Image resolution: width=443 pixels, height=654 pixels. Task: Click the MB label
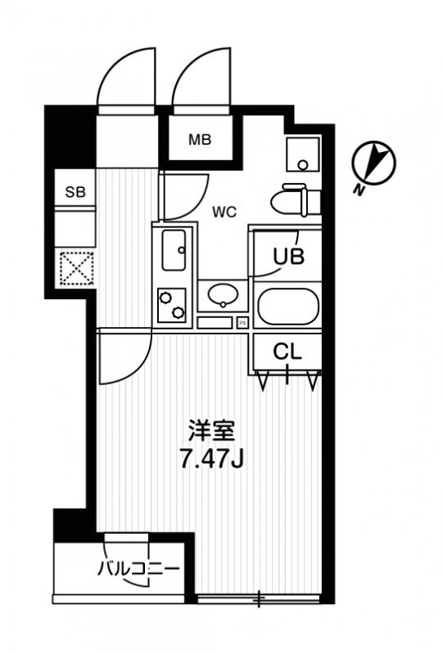pos(200,139)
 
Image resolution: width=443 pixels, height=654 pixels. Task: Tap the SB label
pos(75,192)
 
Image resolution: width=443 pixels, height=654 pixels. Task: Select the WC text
pos(224,213)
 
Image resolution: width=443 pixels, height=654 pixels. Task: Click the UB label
pos(288,256)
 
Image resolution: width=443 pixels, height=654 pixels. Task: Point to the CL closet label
pos(287,352)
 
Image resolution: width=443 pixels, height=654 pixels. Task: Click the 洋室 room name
pos(211,431)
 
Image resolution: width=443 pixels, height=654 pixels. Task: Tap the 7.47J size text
pos(211,459)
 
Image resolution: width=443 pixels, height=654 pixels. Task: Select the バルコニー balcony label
pos(138,568)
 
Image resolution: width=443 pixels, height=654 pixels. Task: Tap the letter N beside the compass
pos(358,190)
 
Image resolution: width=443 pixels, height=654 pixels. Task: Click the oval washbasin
pos(224,295)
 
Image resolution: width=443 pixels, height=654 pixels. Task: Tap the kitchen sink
pos(174,250)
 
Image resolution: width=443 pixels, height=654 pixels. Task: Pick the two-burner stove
pos(172,304)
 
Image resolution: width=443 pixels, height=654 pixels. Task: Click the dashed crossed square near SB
pos(76,268)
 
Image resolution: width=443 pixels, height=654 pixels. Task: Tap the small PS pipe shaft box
pos(243,322)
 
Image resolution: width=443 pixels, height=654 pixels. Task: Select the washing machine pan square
pos(303,154)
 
